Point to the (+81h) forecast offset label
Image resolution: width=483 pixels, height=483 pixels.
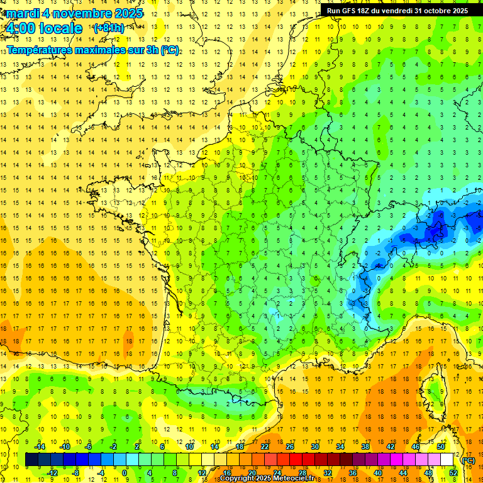pyautogui.click(x=108, y=28)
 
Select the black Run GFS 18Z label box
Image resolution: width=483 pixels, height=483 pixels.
pyautogui.click(x=397, y=10)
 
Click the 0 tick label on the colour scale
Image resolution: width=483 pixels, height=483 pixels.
pyautogui.click(x=125, y=473)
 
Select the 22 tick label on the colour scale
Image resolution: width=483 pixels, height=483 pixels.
pyautogui.click(x=265, y=447)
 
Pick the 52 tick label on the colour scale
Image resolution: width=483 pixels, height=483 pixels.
pyautogui.click(x=453, y=473)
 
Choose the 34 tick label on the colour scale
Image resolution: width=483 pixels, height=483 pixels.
pyautogui.click(x=340, y=447)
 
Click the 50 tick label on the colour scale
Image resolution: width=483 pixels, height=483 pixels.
pyautogui.click(x=441, y=447)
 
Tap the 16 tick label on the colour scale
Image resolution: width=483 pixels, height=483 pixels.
pyautogui.click(x=226, y=473)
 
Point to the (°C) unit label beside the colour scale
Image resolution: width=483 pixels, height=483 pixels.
pyautogui.click(x=468, y=460)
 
